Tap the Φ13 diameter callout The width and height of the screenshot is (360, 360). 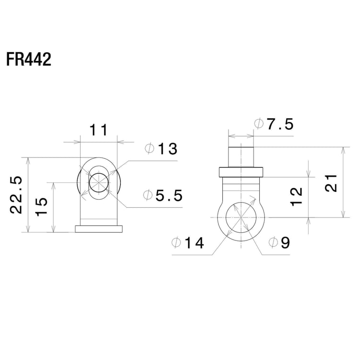(161, 149)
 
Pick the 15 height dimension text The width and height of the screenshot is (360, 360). (42, 207)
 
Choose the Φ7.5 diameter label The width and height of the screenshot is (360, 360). (274, 125)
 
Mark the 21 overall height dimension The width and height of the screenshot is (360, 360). (331, 182)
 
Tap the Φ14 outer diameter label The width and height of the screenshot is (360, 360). (188, 243)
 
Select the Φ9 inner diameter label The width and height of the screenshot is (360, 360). (279, 243)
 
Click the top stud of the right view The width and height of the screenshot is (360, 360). (240, 156)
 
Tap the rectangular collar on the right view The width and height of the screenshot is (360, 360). (240, 172)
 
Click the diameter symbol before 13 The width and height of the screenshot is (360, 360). (149, 149)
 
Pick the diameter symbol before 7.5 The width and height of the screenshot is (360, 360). (259, 125)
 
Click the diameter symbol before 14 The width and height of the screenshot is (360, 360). (176, 243)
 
